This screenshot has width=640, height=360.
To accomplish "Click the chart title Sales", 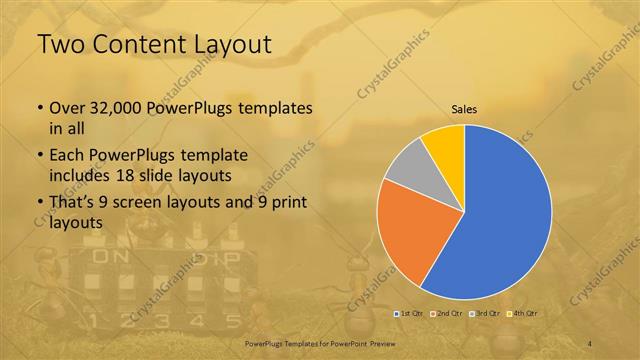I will click(464, 110).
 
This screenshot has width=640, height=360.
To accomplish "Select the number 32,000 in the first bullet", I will click(104, 108).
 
